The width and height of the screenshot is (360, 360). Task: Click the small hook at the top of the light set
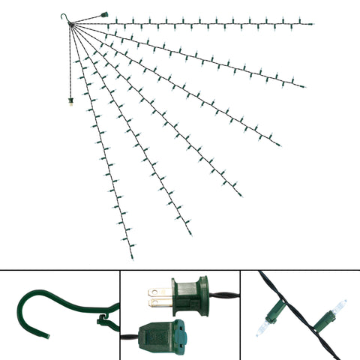click(x=63, y=17)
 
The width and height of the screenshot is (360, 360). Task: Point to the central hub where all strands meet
click(x=72, y=25)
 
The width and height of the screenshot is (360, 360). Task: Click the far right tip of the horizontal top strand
click(x=312, y=23)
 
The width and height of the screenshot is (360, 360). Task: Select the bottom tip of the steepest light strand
click(x=132, y=257)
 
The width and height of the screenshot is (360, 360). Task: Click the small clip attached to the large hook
click(x=100, y=322)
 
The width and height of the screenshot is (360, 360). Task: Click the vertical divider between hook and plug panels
click(x=120, y=314)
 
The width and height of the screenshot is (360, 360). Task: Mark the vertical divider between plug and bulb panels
click(x=240, y=314)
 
